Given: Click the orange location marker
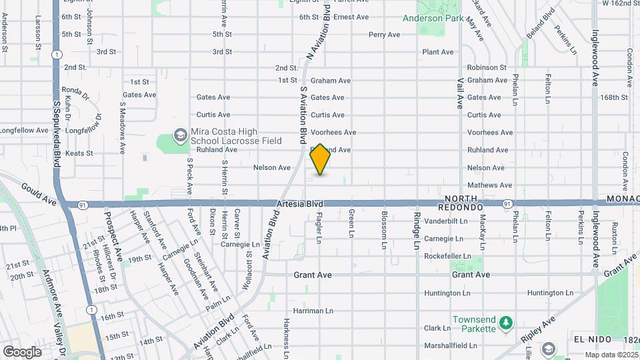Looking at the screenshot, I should pos(321,159).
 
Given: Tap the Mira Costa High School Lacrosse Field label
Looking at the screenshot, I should pos(245,136).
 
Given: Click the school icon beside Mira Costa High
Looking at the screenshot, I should pos(180,135).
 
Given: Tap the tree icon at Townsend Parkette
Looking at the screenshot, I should pos(506,323).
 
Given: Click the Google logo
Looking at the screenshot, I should pos(22,351).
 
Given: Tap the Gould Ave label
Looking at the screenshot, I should pos(37,193).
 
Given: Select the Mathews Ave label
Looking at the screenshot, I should pos(489,185).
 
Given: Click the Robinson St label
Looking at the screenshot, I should pos(487,67).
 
